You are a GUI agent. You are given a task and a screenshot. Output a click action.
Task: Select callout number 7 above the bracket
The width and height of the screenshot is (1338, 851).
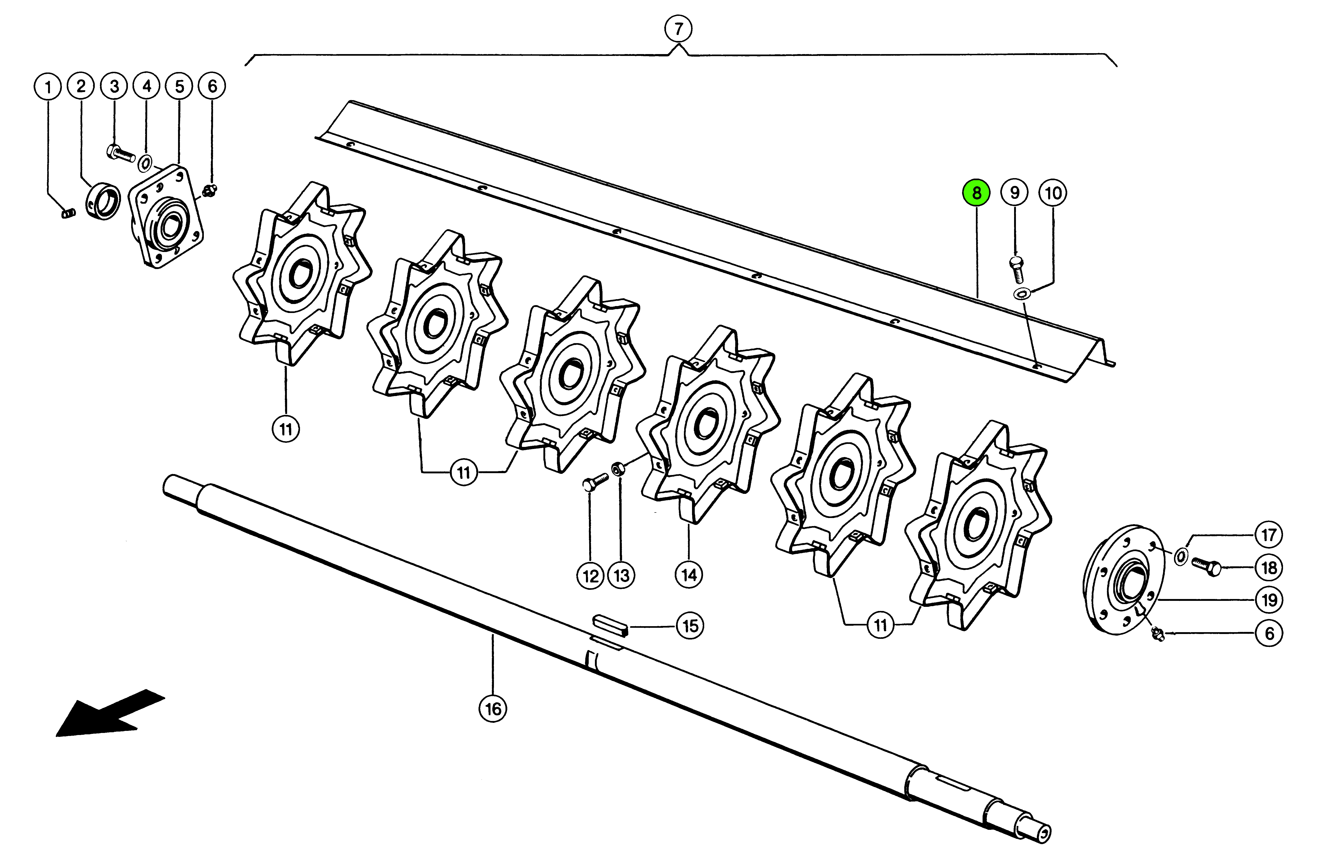(x=678, y=29)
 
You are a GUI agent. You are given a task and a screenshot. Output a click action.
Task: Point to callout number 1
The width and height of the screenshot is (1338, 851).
(x=48, y=87)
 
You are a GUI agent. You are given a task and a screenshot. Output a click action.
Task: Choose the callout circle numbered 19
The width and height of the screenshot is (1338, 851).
(x=1269, y=600)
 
